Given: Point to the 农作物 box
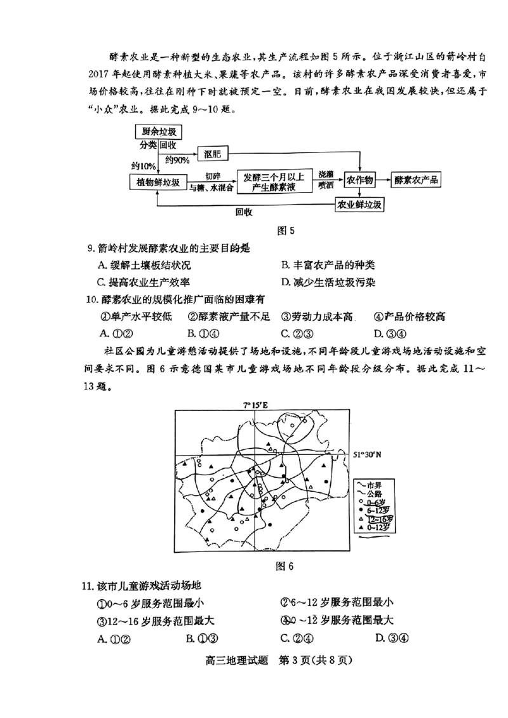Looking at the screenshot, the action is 361,180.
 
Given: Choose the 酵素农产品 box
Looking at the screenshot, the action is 417,180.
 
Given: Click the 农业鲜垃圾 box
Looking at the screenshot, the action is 359,205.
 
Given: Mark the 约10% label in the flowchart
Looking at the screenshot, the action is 144,166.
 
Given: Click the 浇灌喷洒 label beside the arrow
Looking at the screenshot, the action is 326,180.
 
